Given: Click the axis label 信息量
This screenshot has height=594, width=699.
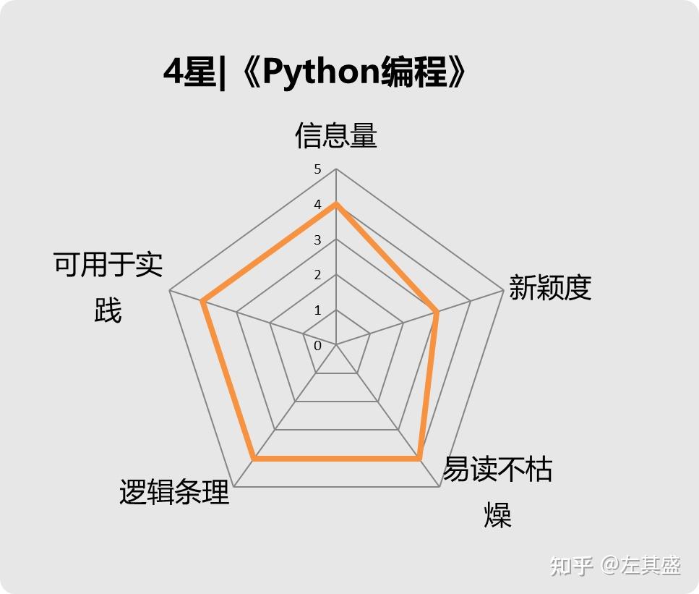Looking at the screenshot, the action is (x=336, y=135).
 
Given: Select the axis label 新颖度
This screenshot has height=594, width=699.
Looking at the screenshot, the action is (x=550, y=288).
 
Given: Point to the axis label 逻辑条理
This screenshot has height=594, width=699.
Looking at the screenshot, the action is (x=174, y=493).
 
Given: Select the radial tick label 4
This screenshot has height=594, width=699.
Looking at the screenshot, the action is (x=317, y=205).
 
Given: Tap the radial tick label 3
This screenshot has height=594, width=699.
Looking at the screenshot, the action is (x=317, y=240).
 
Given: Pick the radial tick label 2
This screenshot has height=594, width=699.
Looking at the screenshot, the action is (x=317, y=275).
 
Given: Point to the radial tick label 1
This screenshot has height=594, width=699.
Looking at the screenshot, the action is (x=317, y=310).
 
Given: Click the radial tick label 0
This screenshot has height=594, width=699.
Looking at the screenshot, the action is (x=317, y=346).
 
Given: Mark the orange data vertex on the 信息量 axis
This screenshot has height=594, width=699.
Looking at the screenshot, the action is (x=336, y=204).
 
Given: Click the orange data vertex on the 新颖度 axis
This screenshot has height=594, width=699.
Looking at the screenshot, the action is (x=437, y=312).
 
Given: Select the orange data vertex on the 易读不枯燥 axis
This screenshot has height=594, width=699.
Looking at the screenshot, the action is (x=419, y=458).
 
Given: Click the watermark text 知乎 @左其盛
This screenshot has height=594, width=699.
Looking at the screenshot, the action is (x=615, y=565).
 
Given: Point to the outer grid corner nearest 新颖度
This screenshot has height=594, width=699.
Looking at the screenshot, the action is (x=503, y=290).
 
